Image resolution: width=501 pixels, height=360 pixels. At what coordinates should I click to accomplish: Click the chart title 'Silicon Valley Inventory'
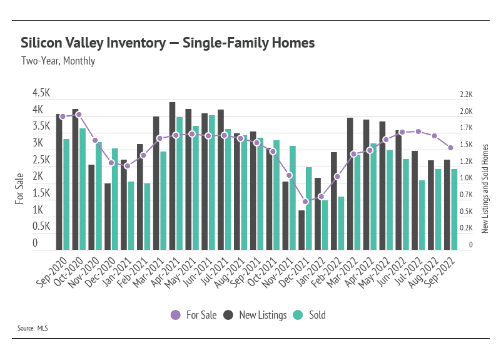(93, 43)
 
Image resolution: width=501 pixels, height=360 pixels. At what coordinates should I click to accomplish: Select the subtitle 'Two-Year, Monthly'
(58, 61)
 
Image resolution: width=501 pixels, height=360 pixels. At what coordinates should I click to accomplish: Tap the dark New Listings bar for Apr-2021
(172, 176)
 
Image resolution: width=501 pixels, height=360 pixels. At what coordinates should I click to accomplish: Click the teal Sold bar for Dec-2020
(115, 199)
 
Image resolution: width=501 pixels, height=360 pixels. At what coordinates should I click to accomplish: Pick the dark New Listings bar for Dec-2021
(301, 230)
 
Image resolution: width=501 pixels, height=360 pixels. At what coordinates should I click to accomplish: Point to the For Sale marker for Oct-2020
(79, 115)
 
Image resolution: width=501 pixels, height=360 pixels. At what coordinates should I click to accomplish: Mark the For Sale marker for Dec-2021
(305, 202)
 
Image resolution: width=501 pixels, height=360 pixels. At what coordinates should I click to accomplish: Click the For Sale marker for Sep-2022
(451, 148)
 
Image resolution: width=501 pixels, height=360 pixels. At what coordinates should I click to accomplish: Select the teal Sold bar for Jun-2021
(212, 182)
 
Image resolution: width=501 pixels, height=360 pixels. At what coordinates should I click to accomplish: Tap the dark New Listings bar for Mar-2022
(350, 183)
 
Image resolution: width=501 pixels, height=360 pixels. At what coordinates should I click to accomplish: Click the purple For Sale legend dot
(176, 315)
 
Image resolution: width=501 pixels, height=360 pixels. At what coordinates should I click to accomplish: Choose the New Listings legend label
(263, 315)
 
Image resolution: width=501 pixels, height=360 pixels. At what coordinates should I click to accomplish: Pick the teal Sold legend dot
(298, 315)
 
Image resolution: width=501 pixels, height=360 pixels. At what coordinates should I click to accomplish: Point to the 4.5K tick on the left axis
(41, 93)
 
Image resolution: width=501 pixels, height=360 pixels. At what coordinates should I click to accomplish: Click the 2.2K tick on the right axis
(466, 95)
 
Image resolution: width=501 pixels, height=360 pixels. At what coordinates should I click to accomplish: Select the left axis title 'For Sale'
(19, 188)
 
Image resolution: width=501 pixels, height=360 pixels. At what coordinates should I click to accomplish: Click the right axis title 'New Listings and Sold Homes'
(485, 188)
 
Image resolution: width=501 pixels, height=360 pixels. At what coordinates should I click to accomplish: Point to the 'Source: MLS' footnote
(33, 328)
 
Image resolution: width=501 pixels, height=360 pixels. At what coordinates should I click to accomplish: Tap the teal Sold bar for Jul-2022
(422, 215)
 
